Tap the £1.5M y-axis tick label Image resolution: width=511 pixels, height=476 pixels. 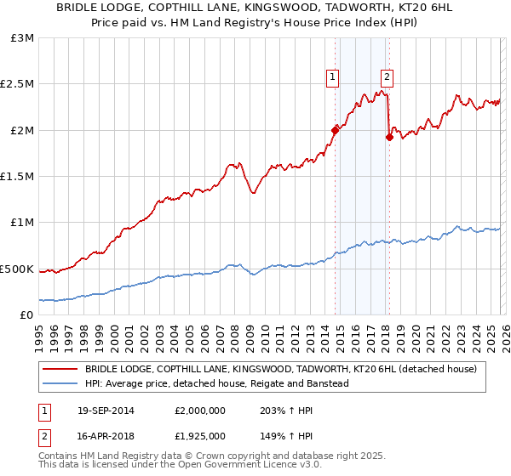[x=19, y=177]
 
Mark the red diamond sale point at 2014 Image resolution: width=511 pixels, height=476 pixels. [x=336, y=130]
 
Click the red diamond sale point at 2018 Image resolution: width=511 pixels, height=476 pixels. [x=389, y=137]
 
